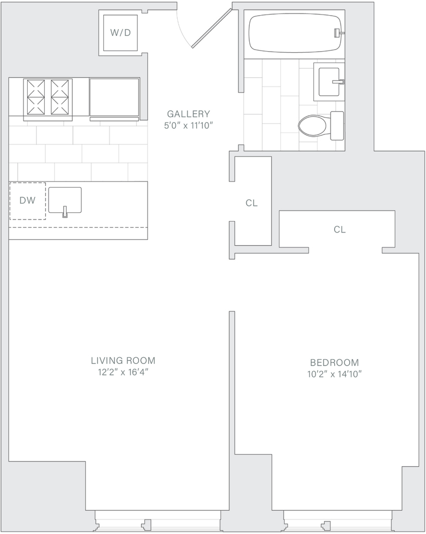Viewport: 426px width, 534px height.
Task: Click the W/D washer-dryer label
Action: pos(120,33)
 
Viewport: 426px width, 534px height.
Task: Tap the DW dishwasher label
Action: pos(27,200)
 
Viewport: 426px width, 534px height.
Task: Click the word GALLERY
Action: pos(188,114)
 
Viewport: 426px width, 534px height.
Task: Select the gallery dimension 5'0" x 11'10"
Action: pos(188,126)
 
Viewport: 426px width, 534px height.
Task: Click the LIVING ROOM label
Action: pos(123,360)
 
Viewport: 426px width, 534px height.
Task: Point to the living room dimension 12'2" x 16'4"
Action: pos(123,372)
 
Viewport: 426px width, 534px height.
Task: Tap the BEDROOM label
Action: pos(334,362)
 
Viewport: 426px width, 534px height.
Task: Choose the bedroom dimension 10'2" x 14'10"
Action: pos(334,374)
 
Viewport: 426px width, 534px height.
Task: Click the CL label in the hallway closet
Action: pos(252,203)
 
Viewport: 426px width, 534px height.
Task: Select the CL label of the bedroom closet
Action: pos(339,229)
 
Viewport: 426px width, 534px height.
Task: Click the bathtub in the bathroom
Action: pos(295,33)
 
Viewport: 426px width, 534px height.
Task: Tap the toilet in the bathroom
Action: pos(321,125)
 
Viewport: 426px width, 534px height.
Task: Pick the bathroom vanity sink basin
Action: pos(329,82)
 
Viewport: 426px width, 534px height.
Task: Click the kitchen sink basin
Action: pos(65,200)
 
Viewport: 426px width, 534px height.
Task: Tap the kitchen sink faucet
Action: pos(65,212)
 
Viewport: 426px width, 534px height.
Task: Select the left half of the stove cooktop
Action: pos(34,97)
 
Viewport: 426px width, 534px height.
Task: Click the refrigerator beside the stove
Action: pos(114,98)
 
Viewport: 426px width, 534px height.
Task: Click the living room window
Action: pos(157,520)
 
